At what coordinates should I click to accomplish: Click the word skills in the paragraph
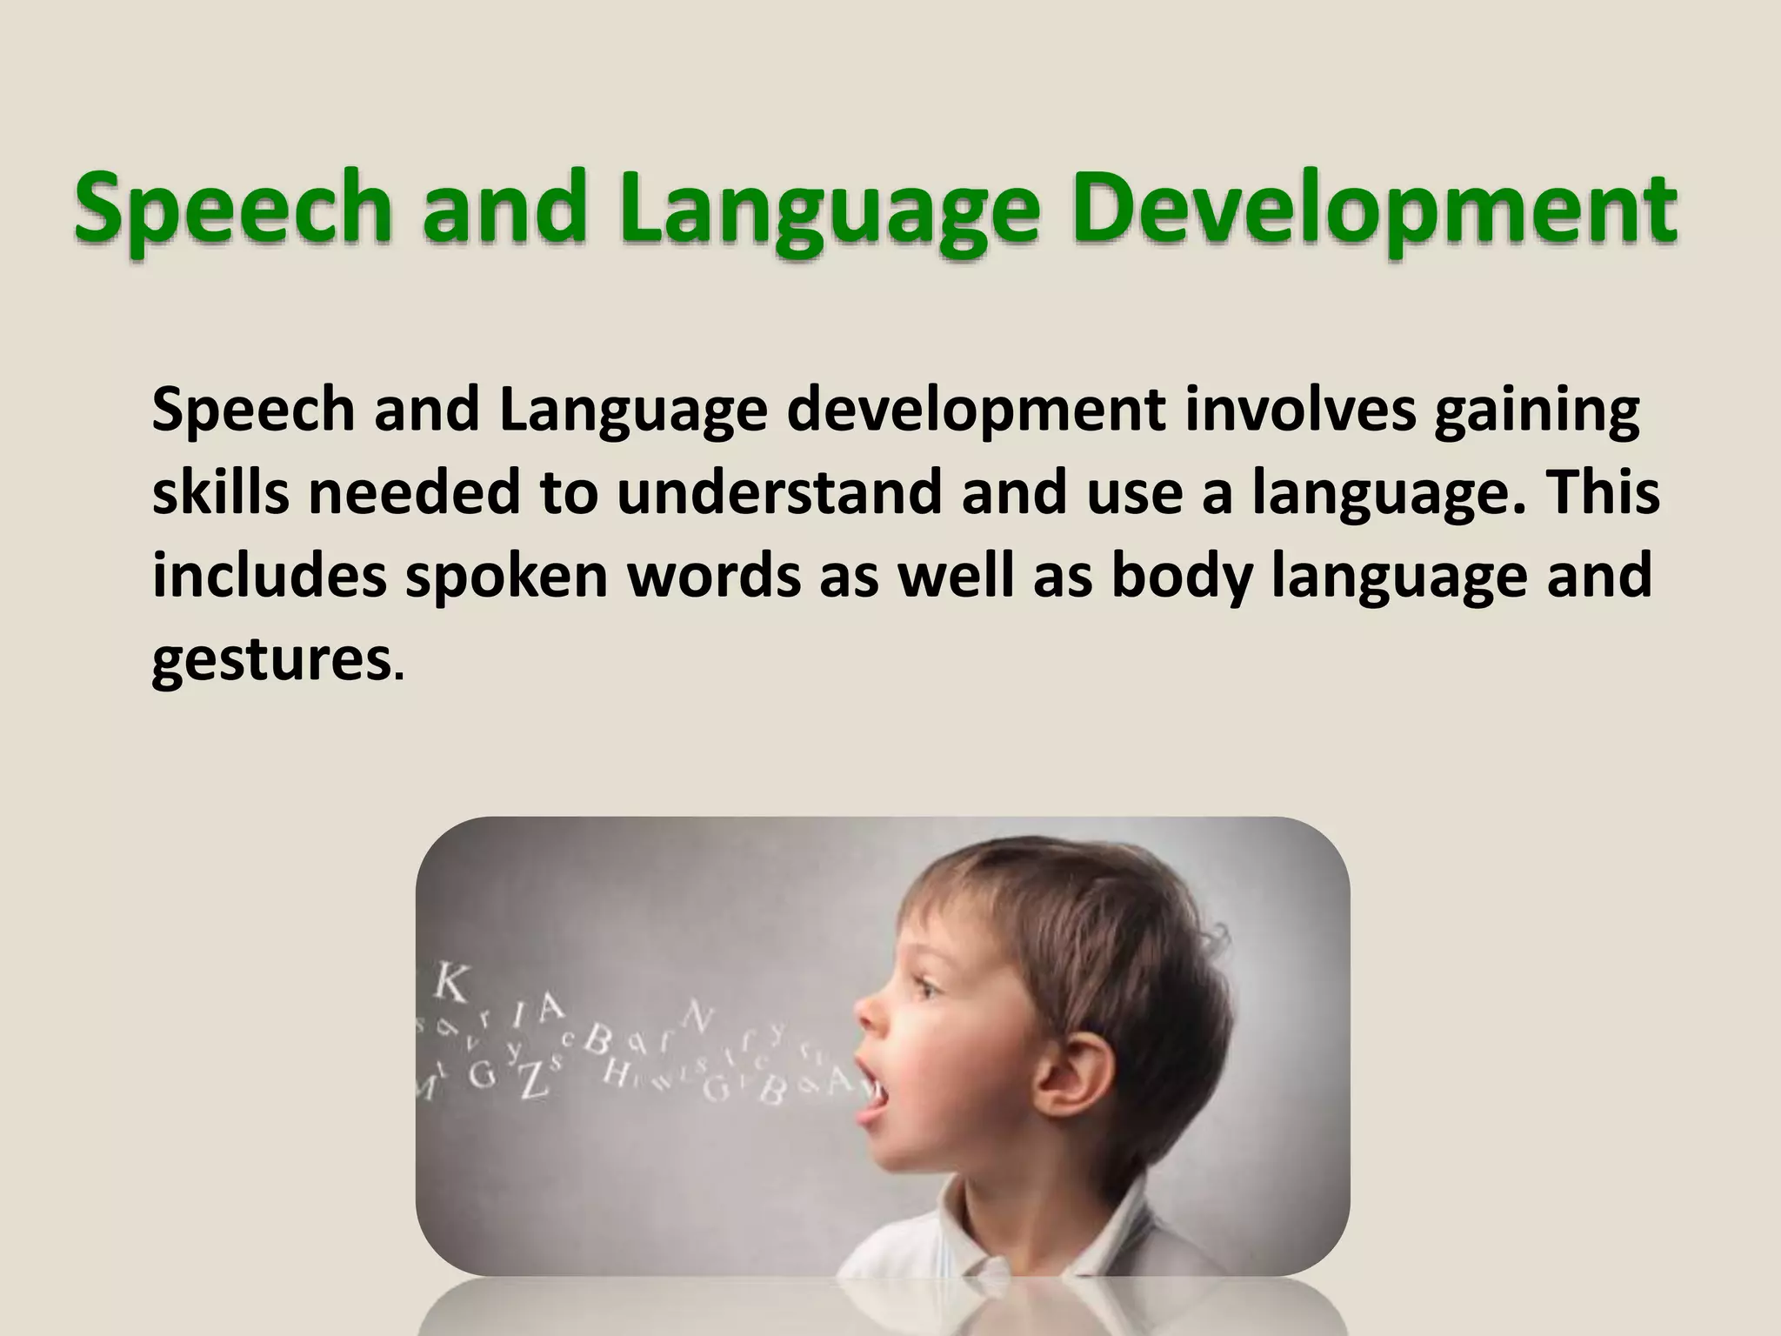pyautogui.click(x=221, y=492)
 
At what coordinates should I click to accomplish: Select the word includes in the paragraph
pyautogui.click(x=269, y=576)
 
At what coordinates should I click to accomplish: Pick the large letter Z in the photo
pyautogui.click(x=531, y=1079)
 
